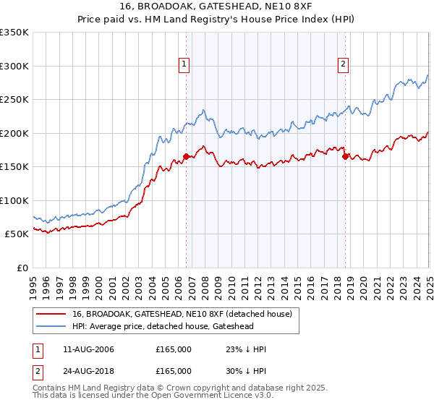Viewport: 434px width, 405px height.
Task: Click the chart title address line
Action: [x=217, y=6]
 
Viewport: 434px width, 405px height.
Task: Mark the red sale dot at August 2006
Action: [x=186, y=156]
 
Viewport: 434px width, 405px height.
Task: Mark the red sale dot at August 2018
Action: [x=345, y=156]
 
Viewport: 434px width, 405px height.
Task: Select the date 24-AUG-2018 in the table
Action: [x=89, y=371]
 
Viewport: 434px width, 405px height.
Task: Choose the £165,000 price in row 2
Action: [x=174, y=371]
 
